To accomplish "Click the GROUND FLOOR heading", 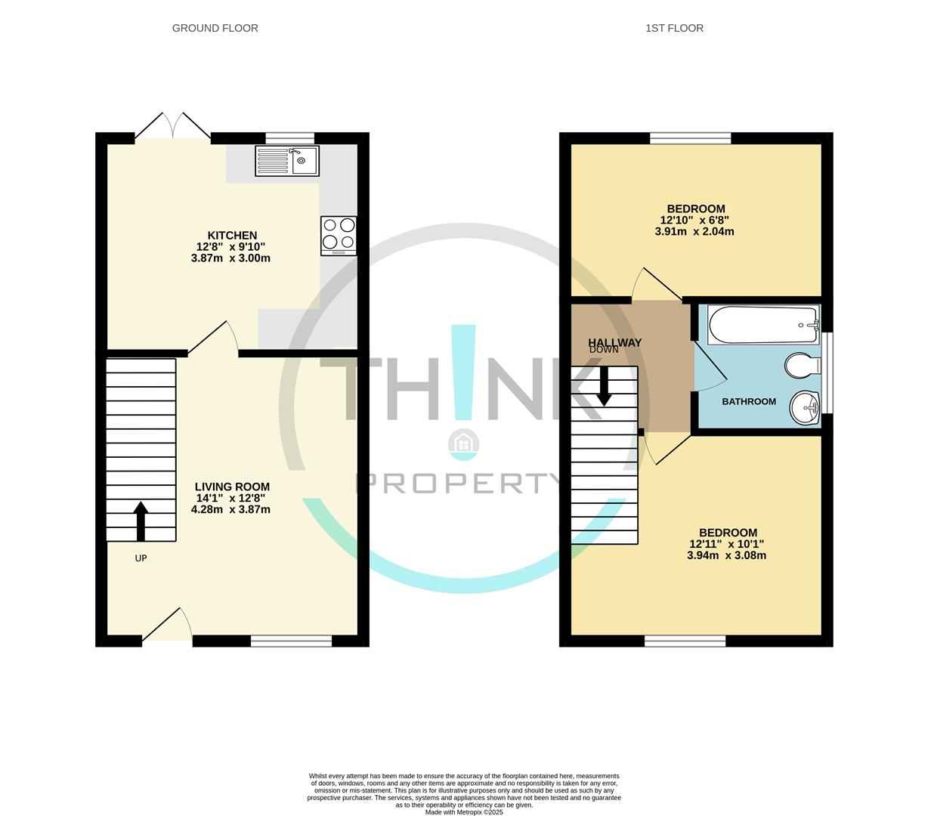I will tap(215, 28).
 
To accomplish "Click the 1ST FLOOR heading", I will tap(674, 28).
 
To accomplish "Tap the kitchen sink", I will tap(287, 160).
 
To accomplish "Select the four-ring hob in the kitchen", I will tap(339, 233).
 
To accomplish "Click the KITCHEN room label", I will tap(232, 236).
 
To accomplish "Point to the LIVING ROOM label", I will tap(232, 487).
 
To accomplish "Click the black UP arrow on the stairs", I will tap(141, 521).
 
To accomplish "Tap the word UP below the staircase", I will tap(141, 558).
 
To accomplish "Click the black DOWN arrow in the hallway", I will tap(604, 386).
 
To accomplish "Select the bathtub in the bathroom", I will tap(763, 325).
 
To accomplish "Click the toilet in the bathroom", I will tap(802, 366).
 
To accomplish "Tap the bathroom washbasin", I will tap(806, 408).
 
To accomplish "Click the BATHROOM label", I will tap(748, 401).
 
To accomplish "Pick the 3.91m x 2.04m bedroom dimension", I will tap(694, 232).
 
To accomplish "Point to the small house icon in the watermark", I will tap(462, 444).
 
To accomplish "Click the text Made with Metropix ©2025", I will tap(463, 812).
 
